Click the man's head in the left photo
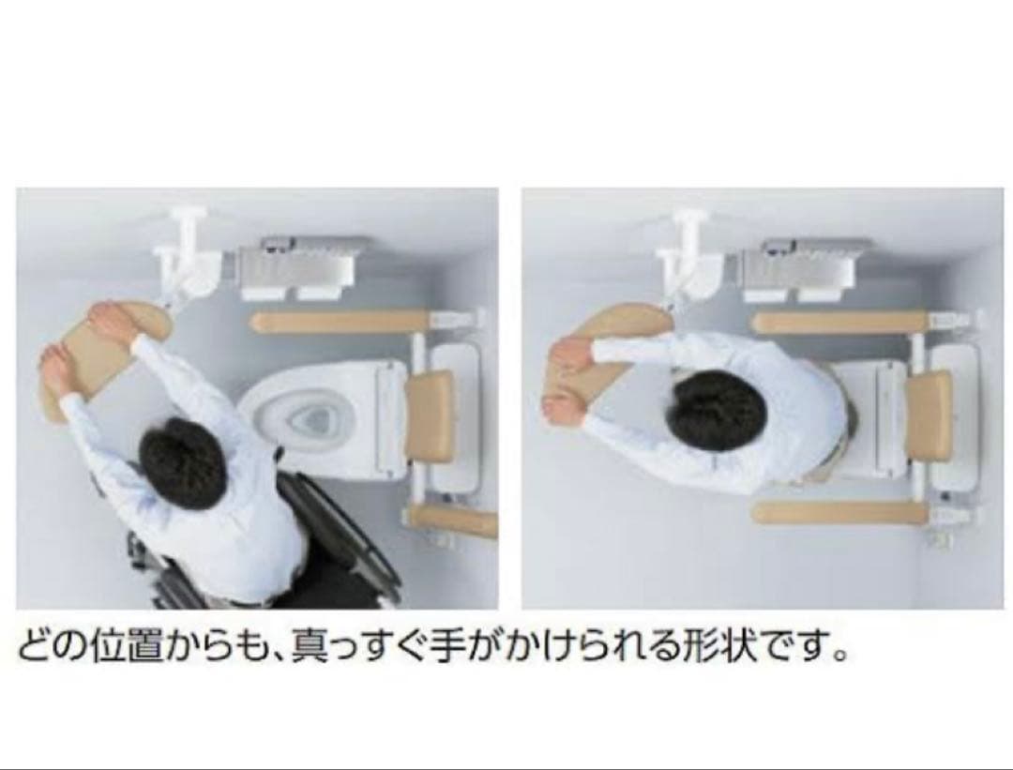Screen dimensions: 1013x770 175,456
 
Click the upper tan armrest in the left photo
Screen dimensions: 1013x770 340,323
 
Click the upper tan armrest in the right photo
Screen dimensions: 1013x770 840,323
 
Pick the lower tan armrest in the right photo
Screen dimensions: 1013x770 839,513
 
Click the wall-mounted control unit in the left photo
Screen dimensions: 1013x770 297,267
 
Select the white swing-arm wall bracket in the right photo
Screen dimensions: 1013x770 686,255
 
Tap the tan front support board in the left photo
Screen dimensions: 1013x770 107,362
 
